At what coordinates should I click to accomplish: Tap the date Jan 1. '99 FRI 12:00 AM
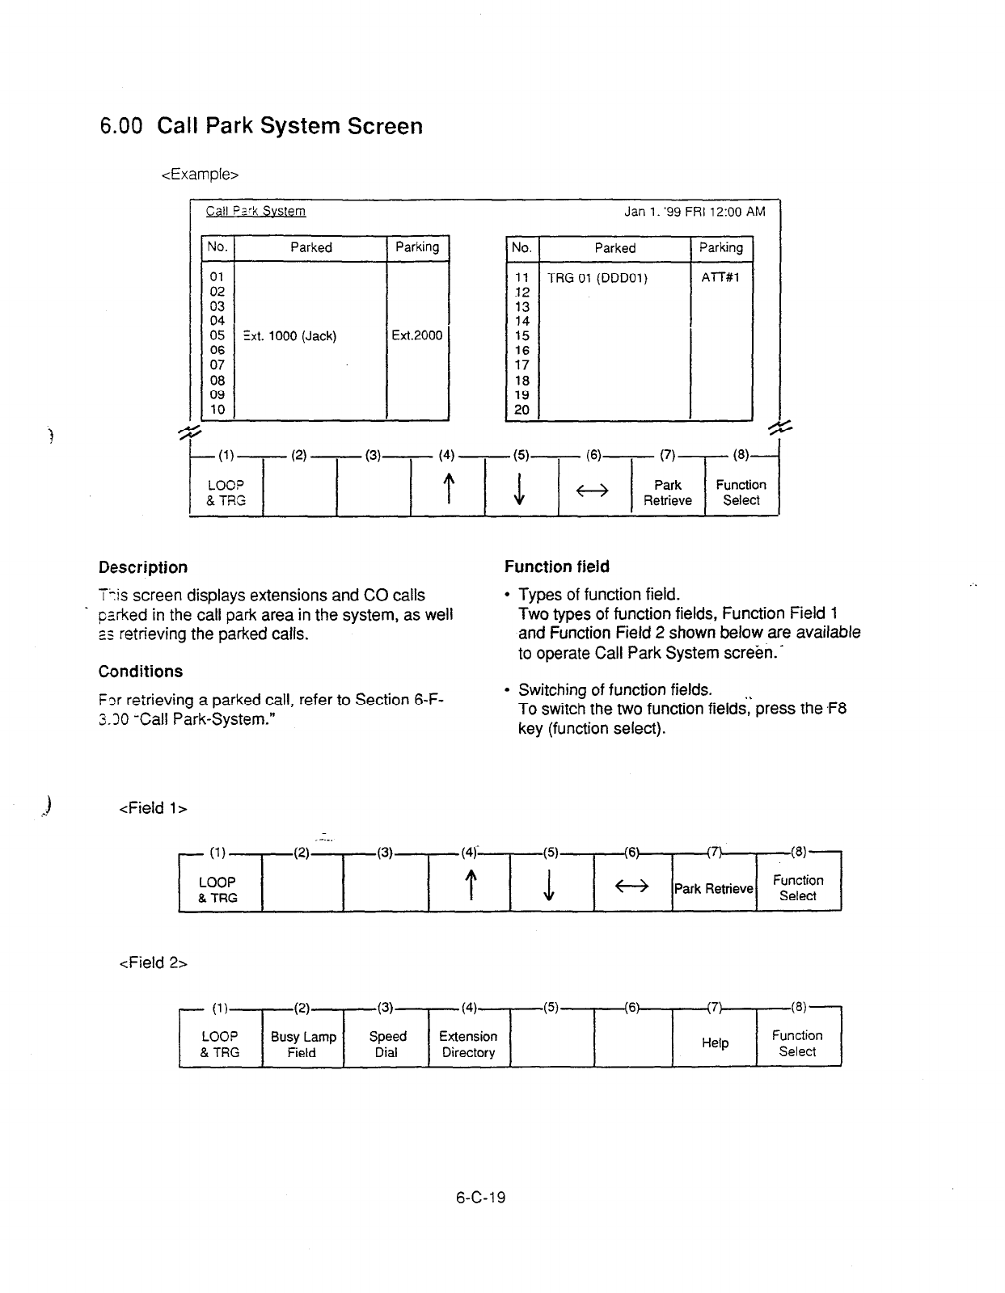[694, 212]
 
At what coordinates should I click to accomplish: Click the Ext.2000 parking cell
[417, 335]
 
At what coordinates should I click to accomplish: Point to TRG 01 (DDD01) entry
[597, 278]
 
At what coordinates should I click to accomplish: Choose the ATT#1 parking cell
[720, 277]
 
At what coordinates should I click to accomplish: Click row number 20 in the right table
[522, 410]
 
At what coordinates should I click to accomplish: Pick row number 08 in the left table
[217, 380]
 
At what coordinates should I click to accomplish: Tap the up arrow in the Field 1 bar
[469, 887]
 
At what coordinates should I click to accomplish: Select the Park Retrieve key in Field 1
[714, 889]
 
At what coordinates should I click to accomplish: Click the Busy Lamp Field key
[303, 1044]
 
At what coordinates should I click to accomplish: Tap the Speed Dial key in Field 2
[387, 1044]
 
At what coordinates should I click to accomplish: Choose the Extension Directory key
[468, 1044]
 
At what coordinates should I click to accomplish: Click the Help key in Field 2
[715, 1043]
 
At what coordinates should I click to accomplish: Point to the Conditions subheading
[141, 672]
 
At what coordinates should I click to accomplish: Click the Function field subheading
[557, 566]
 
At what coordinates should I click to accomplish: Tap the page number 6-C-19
[480, 1198]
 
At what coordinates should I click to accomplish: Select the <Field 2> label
[153, 962]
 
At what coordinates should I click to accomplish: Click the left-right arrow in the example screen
[594, 491]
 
